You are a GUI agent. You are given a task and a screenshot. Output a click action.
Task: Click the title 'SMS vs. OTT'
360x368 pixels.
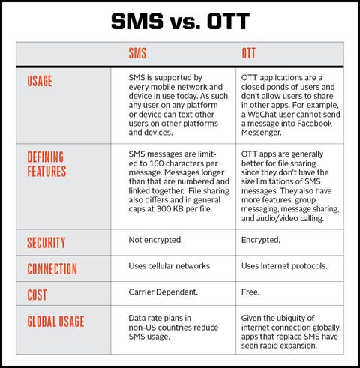tap(180, 21)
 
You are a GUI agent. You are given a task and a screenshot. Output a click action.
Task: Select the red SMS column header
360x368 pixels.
tap(137, 53)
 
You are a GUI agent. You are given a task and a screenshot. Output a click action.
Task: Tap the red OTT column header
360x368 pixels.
tap(249, 53)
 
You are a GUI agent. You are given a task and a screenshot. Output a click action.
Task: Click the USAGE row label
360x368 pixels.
tap(40, 81)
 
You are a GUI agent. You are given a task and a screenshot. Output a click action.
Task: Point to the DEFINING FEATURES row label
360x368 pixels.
tap(46, 164)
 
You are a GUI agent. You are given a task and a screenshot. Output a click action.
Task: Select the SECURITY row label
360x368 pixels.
tap(46, 243)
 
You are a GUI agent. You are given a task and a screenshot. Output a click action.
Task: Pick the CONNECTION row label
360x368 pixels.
tap(52, 269)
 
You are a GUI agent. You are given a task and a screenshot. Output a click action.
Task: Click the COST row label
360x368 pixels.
tap(37, 295)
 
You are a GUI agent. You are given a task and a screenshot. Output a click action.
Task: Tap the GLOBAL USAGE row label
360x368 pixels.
tap(55, 322)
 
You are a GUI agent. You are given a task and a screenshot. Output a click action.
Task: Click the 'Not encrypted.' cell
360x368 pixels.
tap(155, 240)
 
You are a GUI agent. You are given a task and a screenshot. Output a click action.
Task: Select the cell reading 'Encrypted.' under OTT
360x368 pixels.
tap(261, 240)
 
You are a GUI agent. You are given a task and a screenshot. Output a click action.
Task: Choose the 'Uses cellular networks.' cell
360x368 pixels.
tap(170, 266)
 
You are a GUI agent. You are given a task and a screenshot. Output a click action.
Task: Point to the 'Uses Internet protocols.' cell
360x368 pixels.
tap(284, 266)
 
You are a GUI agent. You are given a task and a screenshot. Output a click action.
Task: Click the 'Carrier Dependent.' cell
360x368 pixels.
tap(163, 292)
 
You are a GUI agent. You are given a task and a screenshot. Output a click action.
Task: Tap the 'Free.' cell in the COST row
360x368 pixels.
tap(250, 292)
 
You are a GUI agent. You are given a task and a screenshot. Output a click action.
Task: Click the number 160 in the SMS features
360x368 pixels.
tap(156, 163)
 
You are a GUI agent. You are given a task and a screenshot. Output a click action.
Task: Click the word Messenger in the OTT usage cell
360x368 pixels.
tap(262, 133)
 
